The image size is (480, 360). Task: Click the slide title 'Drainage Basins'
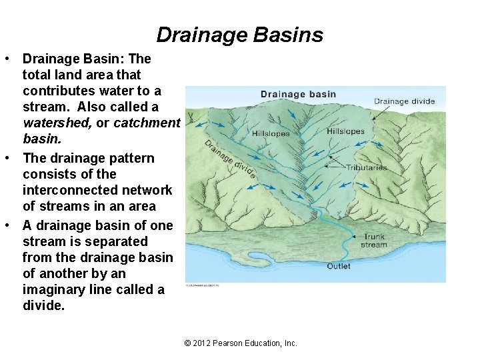239,35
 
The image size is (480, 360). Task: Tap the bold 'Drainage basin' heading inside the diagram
298,94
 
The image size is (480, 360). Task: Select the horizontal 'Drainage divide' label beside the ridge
404,102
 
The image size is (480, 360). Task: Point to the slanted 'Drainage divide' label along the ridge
230,159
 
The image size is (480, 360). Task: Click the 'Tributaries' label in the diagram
366,167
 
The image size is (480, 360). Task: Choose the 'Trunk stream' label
374,241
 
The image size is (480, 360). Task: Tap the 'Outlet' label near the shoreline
338,267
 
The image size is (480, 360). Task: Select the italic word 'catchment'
147,123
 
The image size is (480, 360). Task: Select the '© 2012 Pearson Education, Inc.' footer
240,343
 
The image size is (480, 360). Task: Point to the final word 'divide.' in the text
43,306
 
